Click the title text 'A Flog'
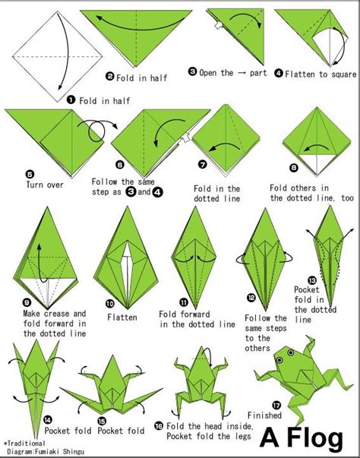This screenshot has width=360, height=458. click(x=307, y=438)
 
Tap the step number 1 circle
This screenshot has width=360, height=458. click(x=70, y=99)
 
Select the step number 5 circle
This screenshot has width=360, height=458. click(x=9, y=172)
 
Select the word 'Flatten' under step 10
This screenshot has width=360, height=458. click(x=122, y=316)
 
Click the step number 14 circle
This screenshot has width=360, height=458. click(x=48, y=419)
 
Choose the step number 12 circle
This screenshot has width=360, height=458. click(x=251, y=298)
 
